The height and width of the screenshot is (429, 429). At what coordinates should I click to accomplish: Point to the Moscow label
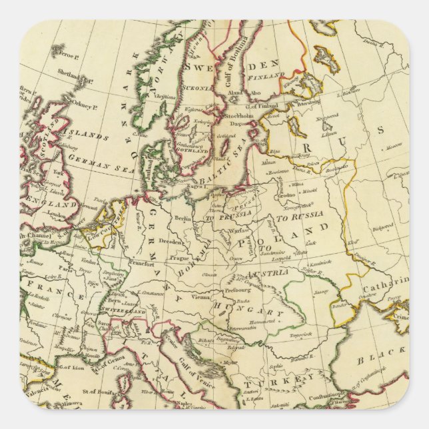pos(395,144)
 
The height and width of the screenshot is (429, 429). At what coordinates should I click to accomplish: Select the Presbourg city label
pos(235,290)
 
